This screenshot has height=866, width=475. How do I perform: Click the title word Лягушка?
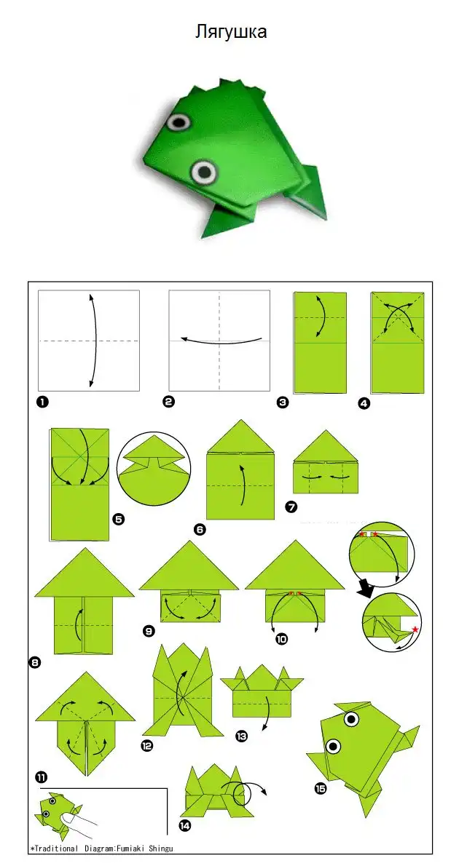coord(231,31)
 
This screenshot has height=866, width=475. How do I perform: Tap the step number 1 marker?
coord(42,402)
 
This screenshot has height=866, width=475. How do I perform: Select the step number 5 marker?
coord(118,519)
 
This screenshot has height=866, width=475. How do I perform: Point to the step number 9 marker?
coord(149,630)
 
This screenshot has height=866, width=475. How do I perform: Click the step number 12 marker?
coord(146,746)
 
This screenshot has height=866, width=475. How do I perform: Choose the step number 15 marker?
coord(320,788)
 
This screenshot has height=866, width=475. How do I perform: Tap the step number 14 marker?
coord(185,825)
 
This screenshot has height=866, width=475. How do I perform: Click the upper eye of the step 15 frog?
coord(350,719)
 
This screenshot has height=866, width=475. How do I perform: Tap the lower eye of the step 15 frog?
coord(333,747)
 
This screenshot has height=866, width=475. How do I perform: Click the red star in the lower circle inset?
coord(415,629)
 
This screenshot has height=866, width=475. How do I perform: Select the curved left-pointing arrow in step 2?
coord(220,342)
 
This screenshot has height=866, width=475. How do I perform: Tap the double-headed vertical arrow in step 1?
coord(96,341)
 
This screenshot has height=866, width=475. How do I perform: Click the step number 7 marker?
coord(291,507)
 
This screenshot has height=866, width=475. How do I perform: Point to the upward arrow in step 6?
coord(242,485)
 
